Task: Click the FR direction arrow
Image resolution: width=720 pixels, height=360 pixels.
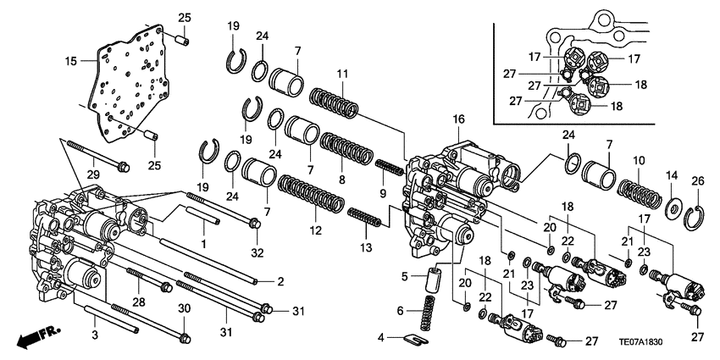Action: [34, 337]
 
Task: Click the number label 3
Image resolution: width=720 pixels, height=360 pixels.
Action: [95, 337]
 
